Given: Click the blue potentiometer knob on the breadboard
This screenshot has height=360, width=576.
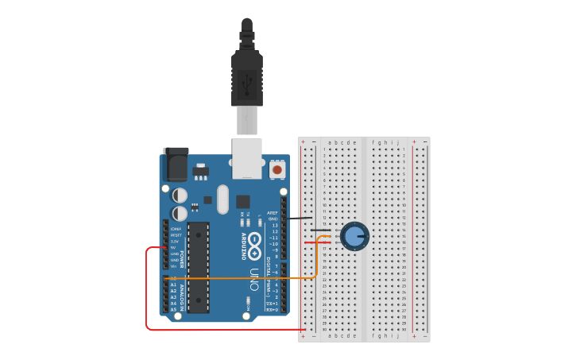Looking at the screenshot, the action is click(354, 235).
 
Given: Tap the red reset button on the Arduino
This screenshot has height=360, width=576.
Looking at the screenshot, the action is click(277, 168).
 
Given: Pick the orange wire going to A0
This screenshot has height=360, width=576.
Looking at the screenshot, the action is click(238, 278).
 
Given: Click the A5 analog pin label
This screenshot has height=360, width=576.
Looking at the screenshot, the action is click(173, 309).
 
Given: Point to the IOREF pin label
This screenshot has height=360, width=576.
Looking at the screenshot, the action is click(175, 229).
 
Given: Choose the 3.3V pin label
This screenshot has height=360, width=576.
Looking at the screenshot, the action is click(175, 241).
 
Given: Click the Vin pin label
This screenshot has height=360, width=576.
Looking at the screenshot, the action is click(174, 266).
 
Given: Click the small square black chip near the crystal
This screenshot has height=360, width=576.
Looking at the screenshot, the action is click(243, 201).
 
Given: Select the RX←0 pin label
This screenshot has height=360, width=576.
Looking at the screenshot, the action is click(273, 309).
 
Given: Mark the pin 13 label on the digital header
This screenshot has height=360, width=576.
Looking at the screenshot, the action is click(274, 226).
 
